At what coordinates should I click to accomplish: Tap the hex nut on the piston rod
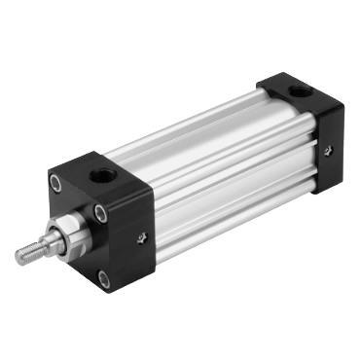[70, 233]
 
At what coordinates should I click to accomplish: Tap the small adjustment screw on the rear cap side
[328, 150]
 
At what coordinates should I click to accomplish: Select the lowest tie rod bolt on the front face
[105, 279]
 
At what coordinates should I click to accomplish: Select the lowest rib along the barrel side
[234, 222]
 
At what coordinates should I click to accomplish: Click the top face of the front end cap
[102, 175]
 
